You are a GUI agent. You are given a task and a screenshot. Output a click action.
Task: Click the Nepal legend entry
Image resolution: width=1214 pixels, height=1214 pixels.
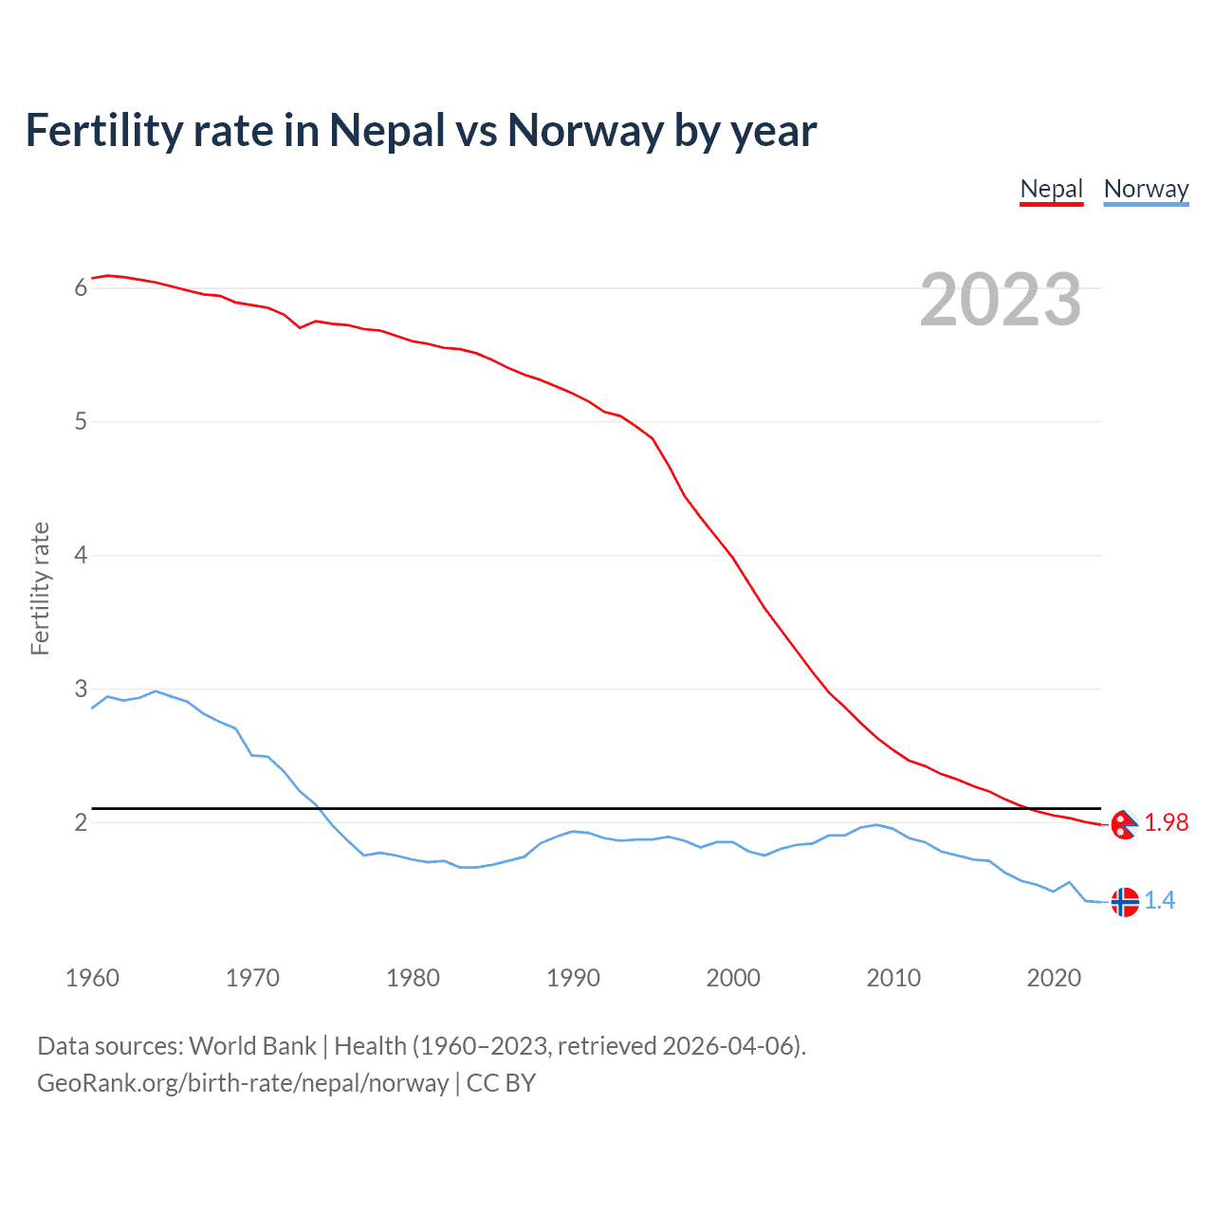coord(1051,189)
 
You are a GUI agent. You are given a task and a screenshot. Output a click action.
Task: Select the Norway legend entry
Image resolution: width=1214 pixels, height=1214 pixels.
coord(1146,189)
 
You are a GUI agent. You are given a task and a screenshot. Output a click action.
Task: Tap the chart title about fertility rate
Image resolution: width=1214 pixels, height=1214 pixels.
coord(421,130)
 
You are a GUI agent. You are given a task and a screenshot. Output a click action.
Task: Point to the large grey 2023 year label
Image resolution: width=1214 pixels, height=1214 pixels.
coord(1001,300)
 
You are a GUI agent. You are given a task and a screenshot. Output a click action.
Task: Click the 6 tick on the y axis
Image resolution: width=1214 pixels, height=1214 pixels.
coord(81,288)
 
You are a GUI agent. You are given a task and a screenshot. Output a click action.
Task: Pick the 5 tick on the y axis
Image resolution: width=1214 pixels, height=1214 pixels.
coord(81,422)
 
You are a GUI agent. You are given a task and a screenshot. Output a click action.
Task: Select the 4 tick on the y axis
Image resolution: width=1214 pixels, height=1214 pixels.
coord(81,556)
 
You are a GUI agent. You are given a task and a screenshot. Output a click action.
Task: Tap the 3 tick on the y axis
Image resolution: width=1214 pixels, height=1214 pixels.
coord(81,690)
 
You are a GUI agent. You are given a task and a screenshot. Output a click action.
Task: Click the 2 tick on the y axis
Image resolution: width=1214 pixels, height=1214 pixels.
coord(81,823)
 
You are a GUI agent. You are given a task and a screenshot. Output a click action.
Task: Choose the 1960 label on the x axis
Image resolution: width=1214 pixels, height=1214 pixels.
coord(92,978)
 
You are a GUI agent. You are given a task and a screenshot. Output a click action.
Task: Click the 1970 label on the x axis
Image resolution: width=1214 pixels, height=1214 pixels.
coord(252,978)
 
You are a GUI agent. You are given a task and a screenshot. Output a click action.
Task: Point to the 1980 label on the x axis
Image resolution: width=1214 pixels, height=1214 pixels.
coord(413,978)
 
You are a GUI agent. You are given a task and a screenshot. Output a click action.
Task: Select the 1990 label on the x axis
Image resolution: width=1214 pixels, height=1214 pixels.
coord(573,978)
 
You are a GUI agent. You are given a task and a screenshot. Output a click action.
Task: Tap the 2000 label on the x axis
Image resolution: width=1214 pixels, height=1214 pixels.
coord(733,978)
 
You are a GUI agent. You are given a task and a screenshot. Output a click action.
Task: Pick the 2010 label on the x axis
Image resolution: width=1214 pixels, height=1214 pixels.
coord(893,978)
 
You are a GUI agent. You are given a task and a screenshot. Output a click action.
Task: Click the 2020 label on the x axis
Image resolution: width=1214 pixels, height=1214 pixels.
coord(1054,978)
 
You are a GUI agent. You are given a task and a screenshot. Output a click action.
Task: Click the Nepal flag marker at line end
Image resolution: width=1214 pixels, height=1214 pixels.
coord(1124,825)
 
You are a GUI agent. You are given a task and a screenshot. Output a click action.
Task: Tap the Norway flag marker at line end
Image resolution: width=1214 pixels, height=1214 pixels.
coord(1124,902)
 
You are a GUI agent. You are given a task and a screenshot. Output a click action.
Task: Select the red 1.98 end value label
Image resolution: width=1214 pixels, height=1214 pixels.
coord(1166,823)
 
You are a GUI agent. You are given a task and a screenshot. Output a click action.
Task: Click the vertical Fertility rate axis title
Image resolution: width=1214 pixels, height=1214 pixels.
coord(40,588)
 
